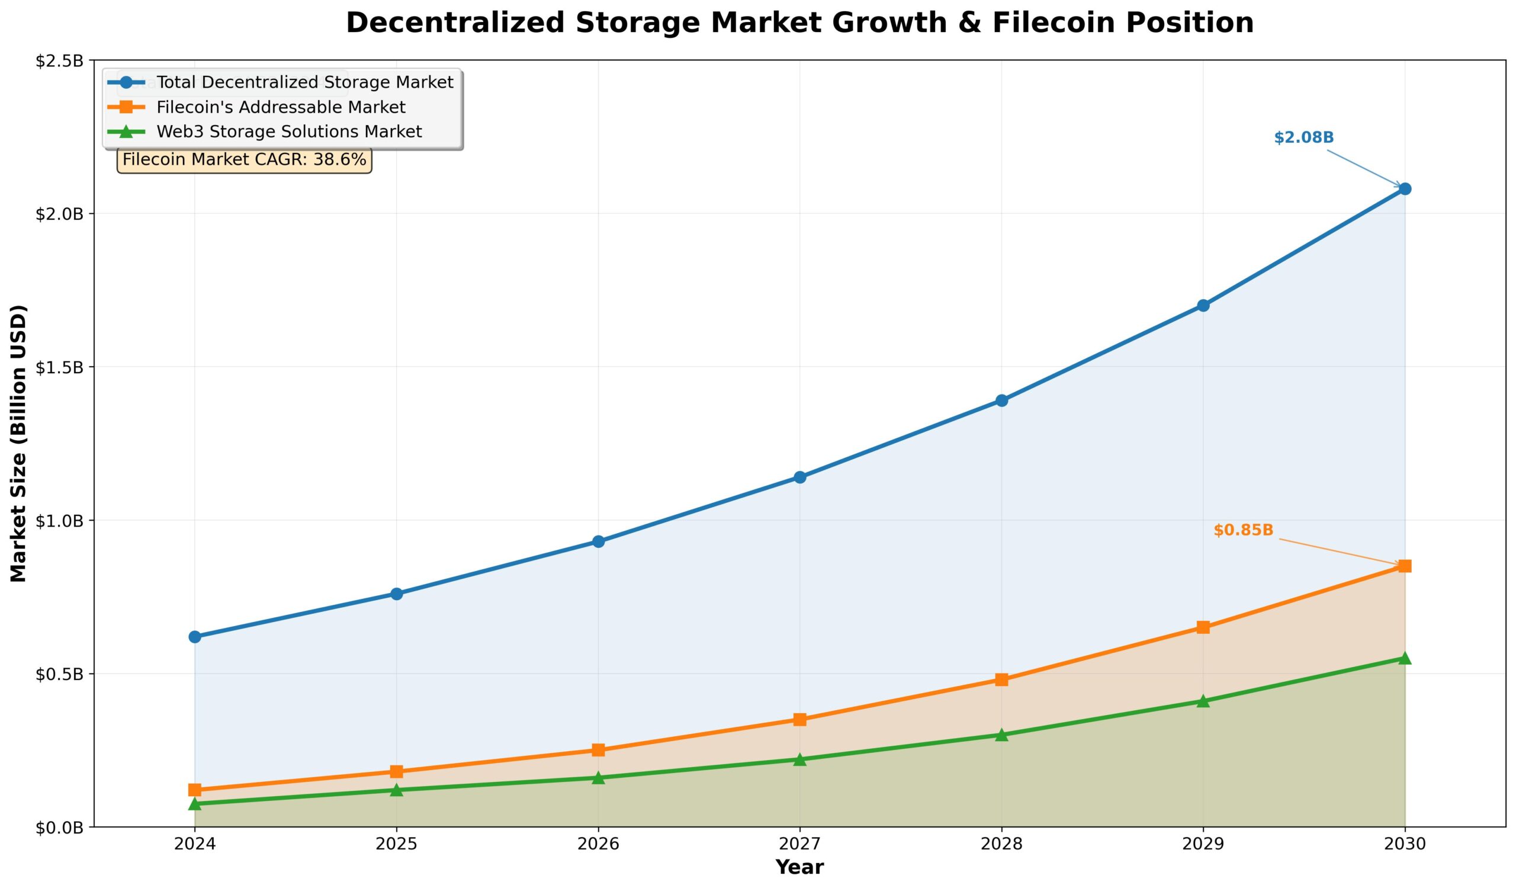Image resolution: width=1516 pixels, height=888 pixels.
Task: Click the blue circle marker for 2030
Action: click(1405, 189)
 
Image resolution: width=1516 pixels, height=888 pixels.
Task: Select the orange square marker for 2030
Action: click(1405, 566)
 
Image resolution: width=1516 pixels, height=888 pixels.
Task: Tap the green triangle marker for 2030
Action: click(1405, 658)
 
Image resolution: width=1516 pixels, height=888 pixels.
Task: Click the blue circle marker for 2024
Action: click(195, 636)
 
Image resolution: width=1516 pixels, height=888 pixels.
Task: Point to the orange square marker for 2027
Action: click(799, 720)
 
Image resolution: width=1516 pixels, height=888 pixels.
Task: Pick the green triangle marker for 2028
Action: click(1001, 735)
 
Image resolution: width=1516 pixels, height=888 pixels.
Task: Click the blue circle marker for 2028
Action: click(1001, 400)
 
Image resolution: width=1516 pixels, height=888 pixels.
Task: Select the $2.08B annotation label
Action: click(1303, 138)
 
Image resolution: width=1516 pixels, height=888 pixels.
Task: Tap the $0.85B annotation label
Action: click(1244, 531)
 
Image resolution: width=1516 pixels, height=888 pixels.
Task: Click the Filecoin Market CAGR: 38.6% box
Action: click(244, 160)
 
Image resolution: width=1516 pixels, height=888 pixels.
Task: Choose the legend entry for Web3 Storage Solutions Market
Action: click(289, 132)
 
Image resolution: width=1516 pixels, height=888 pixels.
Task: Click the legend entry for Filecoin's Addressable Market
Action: click(280, 108)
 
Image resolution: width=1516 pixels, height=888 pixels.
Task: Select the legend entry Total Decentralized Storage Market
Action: click(304, 82)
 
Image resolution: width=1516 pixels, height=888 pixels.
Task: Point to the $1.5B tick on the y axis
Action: click(59, 368)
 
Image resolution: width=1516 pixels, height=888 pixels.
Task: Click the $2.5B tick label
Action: click(59, 61)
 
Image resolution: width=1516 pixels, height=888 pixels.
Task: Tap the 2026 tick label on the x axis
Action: click(598, 845)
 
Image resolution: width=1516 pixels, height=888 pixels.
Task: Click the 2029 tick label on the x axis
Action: click(1203, 845)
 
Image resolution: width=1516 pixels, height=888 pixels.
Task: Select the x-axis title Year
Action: click(799, 867)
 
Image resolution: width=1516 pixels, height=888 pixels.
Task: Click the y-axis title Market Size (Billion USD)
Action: click(20, 444)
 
